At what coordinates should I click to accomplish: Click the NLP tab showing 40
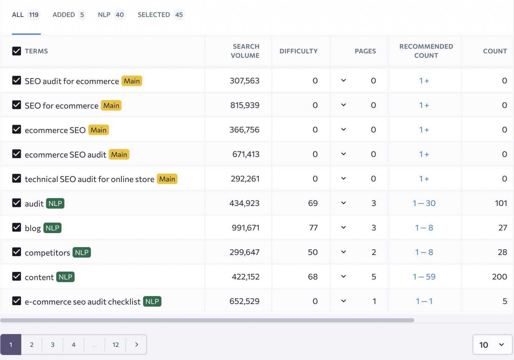tap(111, 15)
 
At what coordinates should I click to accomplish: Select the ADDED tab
tap(69, 15)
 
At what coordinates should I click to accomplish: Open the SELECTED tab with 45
tap(161, 15)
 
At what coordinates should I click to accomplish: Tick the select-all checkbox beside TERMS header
tap(17, 51)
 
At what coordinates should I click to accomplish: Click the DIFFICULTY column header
tap(298, 51)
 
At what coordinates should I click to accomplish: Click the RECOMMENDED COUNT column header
tap(426, 51)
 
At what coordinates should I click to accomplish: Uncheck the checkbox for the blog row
tap(17, 227)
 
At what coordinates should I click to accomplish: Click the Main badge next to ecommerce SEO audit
tap(119, 154)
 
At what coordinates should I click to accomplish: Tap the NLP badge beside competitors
tap(82, 253)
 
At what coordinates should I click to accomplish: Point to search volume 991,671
tap(246, 228)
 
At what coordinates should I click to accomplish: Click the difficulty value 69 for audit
tap(313, 203)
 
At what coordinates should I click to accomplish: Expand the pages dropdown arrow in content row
tap(343, 277)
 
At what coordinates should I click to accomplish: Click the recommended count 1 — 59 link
tap(424, 277)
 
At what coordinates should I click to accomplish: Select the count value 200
tap(499, 277)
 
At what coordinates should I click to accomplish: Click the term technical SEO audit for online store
tap(89, 179)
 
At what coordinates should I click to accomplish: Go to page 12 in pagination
tap(115, 345)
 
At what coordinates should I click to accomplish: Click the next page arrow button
tap(137, 345)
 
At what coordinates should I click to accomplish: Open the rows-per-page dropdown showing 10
tap(492, 345)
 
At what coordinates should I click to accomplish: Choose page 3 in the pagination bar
tap(53, 345)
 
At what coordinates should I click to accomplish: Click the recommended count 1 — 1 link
tap(424, 301)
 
